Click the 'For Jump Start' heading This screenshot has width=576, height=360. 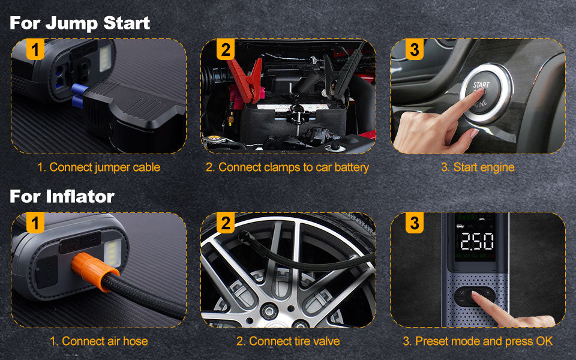click(x=80, y=23)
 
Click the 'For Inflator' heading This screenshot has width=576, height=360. click(x=62, y=196)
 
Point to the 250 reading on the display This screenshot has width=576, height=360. click(x=477, y=241)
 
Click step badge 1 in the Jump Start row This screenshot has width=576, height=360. click(x=35, y=49)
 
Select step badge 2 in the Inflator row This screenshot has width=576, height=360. click(x=225, y=223)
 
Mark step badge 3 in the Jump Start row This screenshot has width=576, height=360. click(x=415, y=49)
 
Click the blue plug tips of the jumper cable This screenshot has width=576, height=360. click(x=79, y=95)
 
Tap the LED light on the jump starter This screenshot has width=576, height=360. click(x=105, y=58)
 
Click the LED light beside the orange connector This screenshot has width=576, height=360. click(x=113, y=253)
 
